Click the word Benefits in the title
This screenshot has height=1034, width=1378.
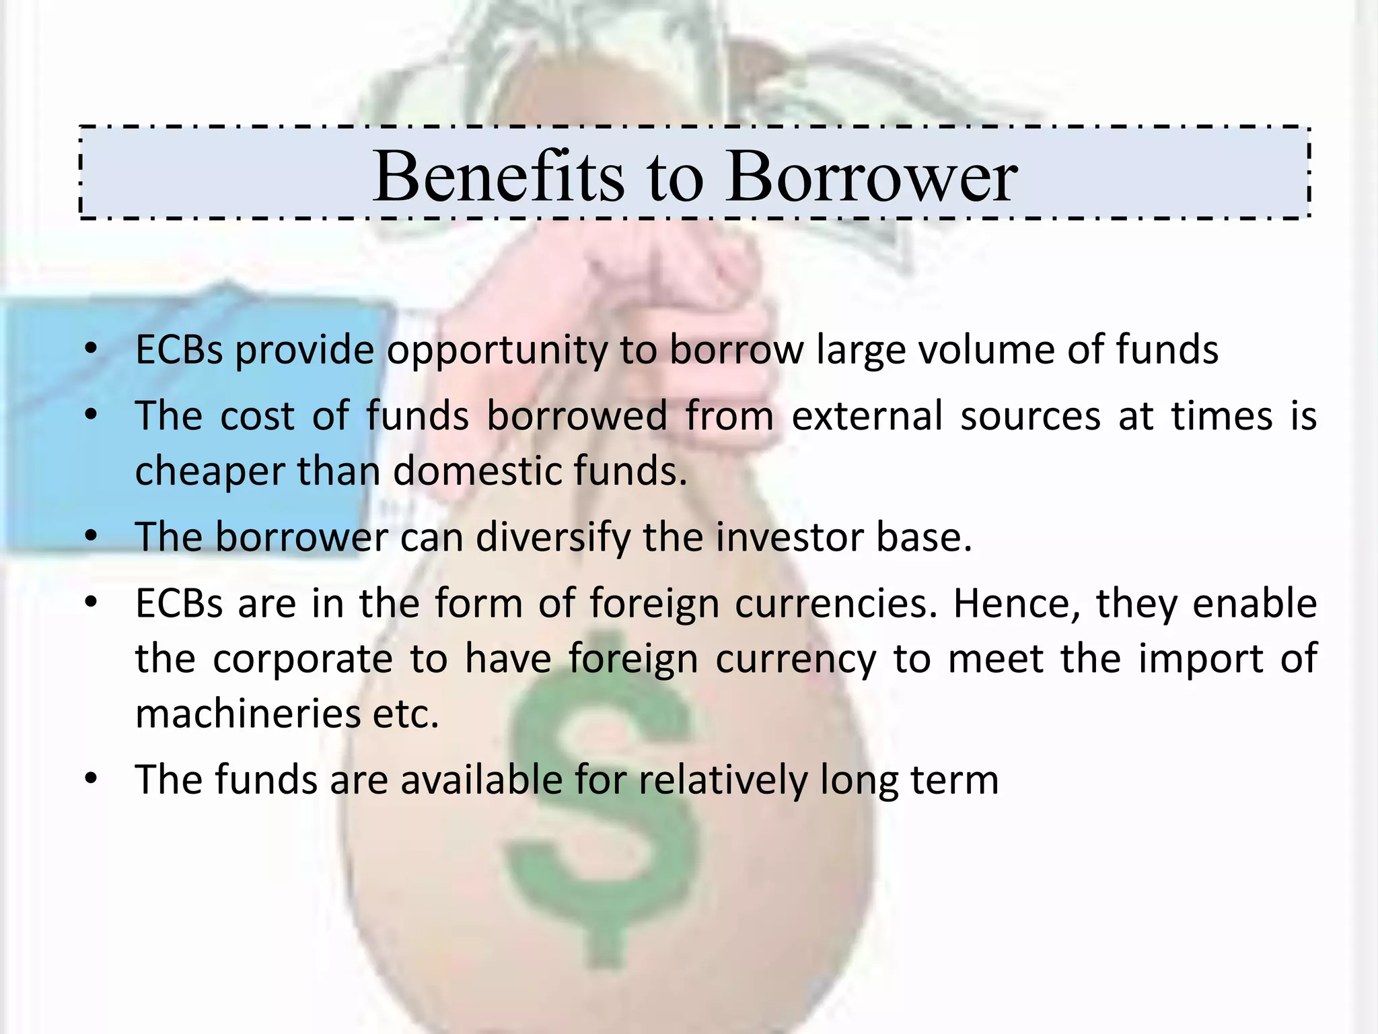(x=498, y=176)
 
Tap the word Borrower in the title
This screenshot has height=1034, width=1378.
(x=872, y=176)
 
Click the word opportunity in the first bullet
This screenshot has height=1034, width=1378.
(x=497, y=351)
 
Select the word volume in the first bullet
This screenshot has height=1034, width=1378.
(x=984, y=349)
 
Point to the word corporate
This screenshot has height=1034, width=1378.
(x=303, y=659)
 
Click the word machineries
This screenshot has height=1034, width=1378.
(x=248, y=714)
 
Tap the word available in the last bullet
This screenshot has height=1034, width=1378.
(x=482, y=780)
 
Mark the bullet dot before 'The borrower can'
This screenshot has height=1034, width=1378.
(x=92, y=537)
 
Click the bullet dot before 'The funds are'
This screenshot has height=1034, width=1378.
(x=92, y=780)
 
